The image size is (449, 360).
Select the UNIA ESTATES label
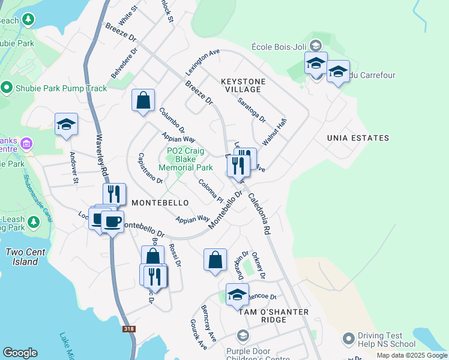(358, 138)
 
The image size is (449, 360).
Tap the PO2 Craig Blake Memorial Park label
(190, 160)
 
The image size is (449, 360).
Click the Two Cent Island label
(23, 257)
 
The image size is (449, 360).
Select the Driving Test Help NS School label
(387, 340)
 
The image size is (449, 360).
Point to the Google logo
(20, 353)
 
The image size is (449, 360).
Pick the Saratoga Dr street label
(252, 110)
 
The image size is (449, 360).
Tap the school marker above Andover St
(66, 124)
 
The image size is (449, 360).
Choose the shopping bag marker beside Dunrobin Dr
(215, 260)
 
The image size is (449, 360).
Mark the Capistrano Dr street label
(150, 169)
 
